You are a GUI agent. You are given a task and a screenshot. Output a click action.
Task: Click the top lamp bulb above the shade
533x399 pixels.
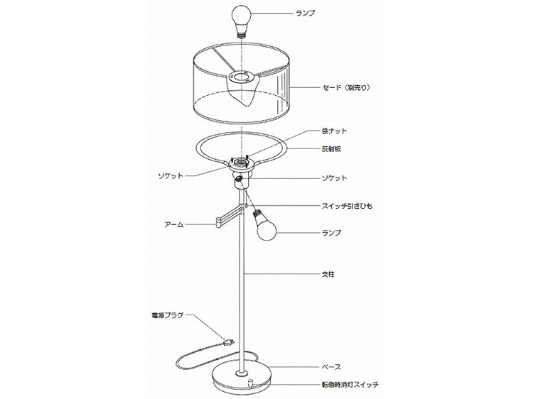point(242,20)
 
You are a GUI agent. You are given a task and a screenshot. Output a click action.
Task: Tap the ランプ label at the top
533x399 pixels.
point(306,13)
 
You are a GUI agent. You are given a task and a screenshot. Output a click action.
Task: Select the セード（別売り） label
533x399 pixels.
point(346,87)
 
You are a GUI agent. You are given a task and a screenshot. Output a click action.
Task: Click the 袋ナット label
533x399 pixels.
point(334,131)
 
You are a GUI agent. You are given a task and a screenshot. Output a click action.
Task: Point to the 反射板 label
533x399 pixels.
point(331,148)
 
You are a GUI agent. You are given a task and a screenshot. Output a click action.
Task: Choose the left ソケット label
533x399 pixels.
point(171,175)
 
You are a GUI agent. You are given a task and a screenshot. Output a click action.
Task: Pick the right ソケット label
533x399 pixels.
point(335,178)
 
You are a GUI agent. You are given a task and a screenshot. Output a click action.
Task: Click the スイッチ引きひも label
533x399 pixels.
point(347,205)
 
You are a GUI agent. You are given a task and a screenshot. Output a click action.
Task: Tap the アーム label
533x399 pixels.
point(173,224)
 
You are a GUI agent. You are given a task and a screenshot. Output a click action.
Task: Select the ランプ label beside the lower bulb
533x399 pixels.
point(331,233)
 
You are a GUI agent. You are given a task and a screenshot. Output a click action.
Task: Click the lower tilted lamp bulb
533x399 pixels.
point(264,225)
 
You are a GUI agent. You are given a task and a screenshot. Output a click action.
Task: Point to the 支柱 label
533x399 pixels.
point(328,274)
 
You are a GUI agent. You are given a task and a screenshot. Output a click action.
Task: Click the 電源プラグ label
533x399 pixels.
point(167,315)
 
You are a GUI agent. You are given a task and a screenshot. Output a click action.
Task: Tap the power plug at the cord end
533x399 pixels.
point(227,342)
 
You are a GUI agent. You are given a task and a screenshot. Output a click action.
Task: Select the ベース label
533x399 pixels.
point(331,367)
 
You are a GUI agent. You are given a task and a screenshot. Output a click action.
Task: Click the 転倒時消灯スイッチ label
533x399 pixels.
point(350,385)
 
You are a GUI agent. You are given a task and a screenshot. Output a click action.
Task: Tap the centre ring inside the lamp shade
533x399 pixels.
point(242,77)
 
